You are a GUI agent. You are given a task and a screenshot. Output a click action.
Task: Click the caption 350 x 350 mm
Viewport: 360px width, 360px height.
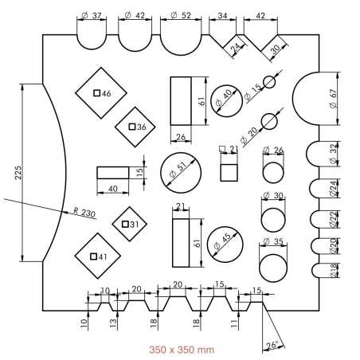[182, 350]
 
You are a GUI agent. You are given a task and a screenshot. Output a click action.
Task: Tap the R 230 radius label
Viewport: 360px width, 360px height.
[84, 213]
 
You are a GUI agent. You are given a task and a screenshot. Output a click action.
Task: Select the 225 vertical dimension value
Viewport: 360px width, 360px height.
[18, 173]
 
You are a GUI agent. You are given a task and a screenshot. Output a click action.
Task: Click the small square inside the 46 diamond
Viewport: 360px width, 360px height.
[97, 93]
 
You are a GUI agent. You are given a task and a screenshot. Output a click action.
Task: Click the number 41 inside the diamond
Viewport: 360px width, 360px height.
[103, 256]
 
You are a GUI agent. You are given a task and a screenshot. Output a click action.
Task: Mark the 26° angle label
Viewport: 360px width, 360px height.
[272, 345]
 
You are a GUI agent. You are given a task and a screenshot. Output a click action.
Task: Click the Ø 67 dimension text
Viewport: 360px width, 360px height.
[333, 99]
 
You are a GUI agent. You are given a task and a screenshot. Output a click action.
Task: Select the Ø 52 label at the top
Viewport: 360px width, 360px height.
[181, 15]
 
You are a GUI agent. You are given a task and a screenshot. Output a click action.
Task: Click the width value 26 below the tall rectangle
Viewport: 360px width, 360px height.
[181, 137]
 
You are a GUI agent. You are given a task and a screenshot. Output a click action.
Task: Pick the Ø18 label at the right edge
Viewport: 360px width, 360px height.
[334, 271]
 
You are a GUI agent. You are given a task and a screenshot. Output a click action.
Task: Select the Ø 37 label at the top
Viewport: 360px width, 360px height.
[92, 16]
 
